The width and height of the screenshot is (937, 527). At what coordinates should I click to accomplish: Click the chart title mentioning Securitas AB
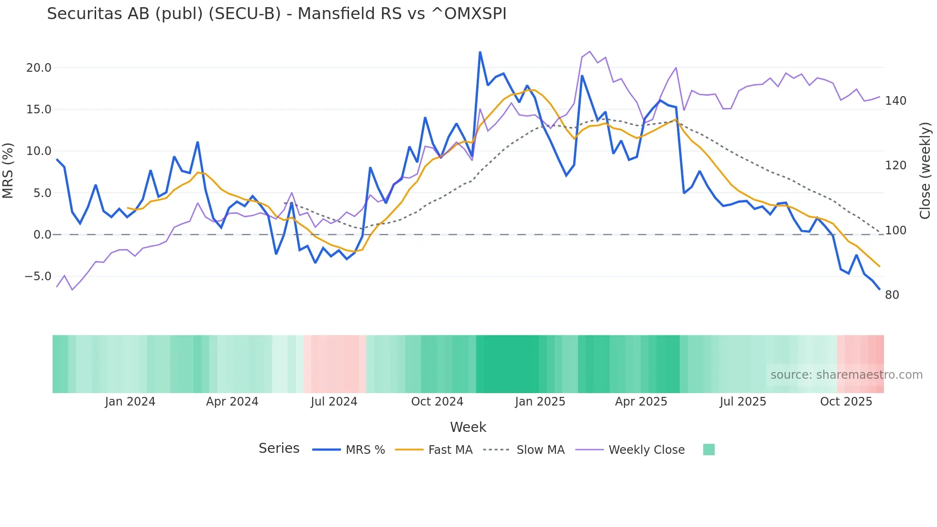(x=276, y=14)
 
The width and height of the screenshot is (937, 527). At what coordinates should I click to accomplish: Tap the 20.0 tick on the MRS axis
(x=39, y=68)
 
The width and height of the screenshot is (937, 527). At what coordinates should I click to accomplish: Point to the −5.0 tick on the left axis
(x=38, y=276)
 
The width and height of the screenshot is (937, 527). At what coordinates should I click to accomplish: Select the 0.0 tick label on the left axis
(x=42, y=235)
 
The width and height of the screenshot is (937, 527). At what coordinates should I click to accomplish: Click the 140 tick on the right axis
(x=895, y=101)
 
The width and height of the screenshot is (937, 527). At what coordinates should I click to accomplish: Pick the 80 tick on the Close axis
(x=892, y=295)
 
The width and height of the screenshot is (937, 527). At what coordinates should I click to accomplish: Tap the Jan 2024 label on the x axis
(x=130, y=402)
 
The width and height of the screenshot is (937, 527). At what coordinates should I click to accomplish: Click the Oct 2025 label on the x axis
(x=846, y=402)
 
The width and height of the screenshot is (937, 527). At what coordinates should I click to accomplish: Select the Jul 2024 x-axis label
(x=334, y=402)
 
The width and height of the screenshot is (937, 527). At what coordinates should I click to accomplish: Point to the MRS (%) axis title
(x=8, y=170)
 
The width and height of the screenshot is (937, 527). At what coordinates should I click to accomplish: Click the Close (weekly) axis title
(x=925, y=170)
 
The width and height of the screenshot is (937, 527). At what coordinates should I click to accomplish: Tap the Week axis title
(x=468, y=427)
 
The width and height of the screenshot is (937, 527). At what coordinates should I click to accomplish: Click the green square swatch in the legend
(x=709, y=450)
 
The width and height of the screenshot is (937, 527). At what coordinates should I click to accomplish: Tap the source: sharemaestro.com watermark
(x=846, y=375)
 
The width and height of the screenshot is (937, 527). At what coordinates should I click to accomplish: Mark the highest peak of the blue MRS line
(x=480, y=52)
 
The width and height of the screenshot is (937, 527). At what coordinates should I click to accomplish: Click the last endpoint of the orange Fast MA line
(x=879, y=266)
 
